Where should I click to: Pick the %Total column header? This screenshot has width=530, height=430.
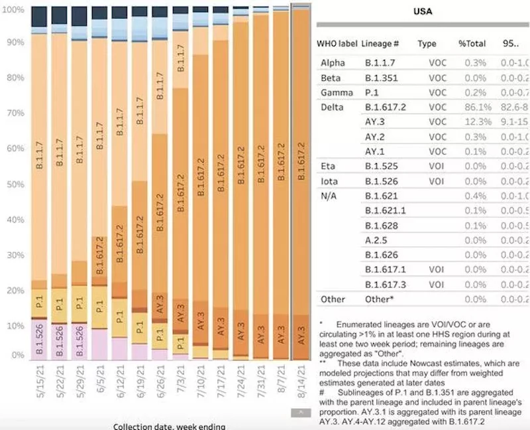(x=472, y=44)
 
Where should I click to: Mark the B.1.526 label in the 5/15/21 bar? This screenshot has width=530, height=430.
(x=39, y=339)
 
